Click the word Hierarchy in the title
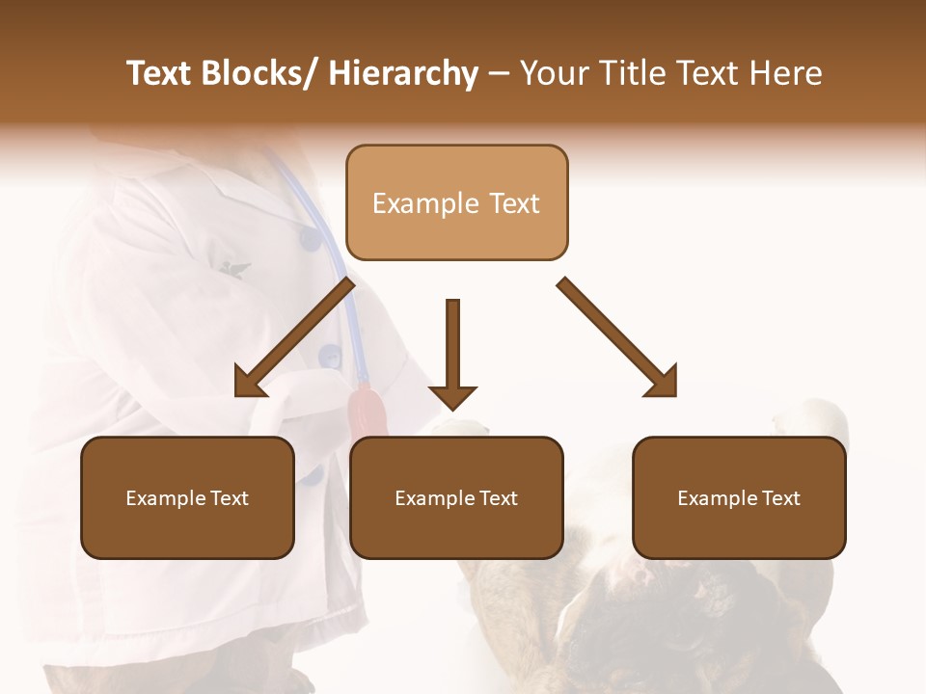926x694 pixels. [402, 74]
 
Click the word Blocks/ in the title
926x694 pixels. [256, 74]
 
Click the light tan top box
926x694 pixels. [456, 202]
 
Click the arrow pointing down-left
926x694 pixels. [299, 334]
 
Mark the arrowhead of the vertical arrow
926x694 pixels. [452, 396]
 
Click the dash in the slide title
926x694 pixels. [499, 74]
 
